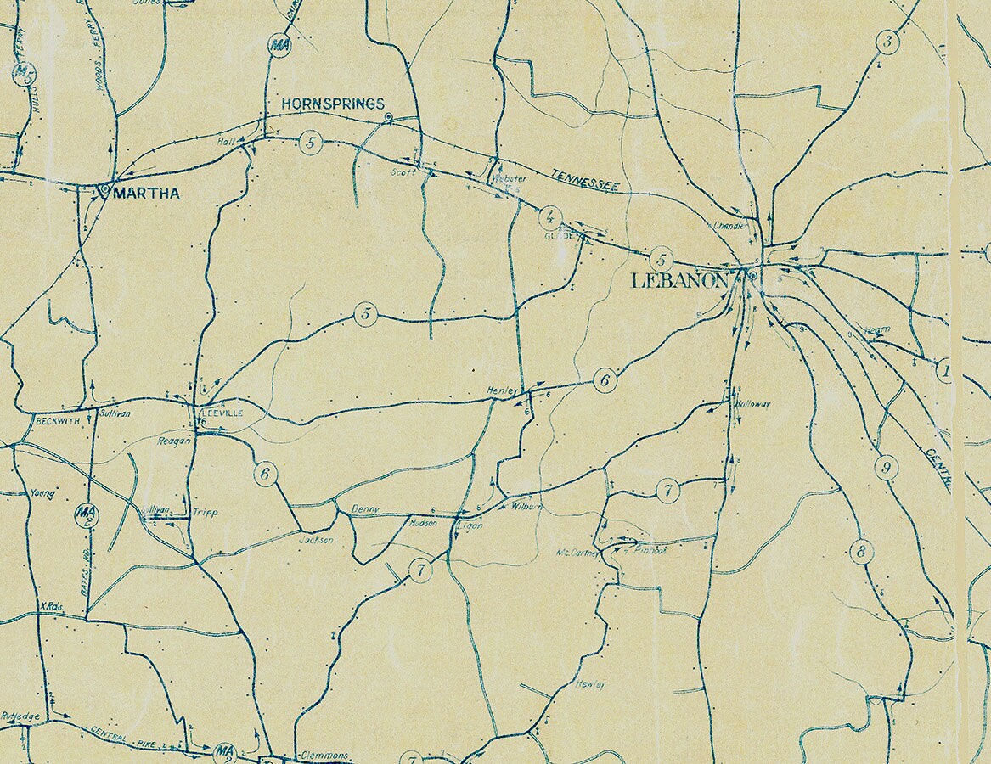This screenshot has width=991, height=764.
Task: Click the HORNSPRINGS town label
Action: (x=332, y=104)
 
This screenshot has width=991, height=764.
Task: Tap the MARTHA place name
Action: (x=146, y=194)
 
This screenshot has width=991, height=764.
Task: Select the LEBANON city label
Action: (x=679, y=281)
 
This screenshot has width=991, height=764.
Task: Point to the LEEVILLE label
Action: (x=222, y=413)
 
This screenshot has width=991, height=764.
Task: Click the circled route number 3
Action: (x=888, y=42)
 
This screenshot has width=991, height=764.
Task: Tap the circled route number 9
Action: (x=886, y=467)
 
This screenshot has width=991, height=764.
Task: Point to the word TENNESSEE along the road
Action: (x=586, y=180)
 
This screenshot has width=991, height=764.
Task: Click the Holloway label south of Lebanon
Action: (x=753, y=404)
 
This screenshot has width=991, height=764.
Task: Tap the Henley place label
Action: (x=501, y=390)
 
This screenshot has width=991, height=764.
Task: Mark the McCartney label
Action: (x=577, y=553)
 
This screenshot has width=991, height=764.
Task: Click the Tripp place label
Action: (x=205, y=513)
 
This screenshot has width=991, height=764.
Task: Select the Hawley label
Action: (x=589, y=683)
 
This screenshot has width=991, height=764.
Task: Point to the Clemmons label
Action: (x=324, y=755)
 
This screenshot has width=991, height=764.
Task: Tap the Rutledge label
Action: (x=20, y=716)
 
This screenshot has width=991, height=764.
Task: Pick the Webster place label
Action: (x=509, y=178)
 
